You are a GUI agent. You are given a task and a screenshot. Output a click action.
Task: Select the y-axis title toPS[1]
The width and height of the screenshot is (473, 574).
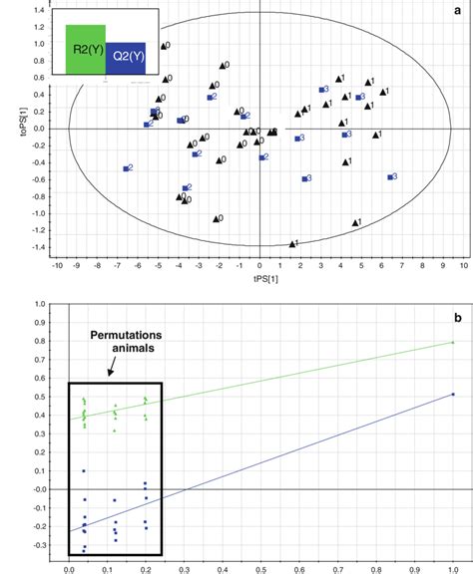tap(9, 129)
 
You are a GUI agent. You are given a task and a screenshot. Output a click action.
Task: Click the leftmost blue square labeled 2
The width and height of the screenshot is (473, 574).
tap(126, 169)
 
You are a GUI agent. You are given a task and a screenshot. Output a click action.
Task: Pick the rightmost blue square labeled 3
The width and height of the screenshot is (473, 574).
tap(390, 177)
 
